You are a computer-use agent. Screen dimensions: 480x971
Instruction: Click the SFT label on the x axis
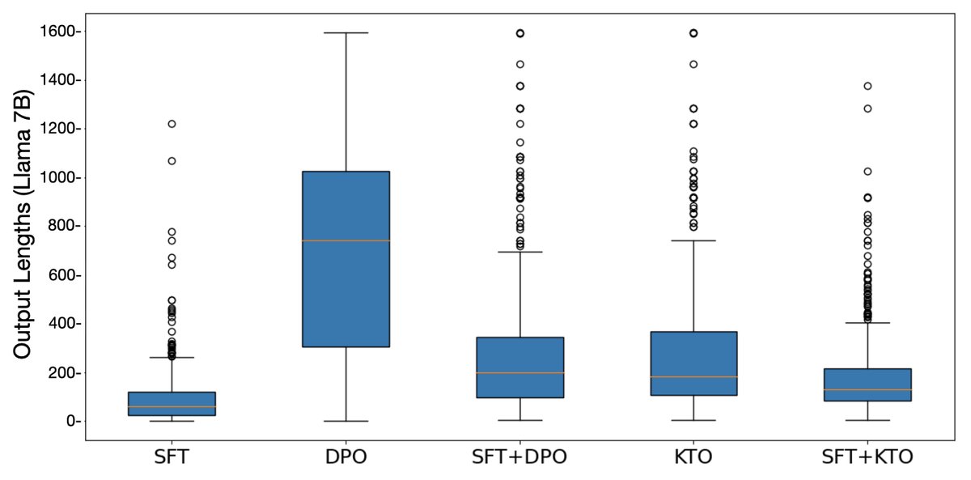point(172,457)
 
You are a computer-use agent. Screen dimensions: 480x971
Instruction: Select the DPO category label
point(346,457)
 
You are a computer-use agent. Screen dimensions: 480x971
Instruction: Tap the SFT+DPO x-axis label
point(519,457)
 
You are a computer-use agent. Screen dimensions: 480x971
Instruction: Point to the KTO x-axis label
point(693,457)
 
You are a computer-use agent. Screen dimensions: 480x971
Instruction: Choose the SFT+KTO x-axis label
point(867,457)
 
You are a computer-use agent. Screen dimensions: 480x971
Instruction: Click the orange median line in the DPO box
point(346,240)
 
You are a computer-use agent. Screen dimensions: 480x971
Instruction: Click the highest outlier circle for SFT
point(172,124)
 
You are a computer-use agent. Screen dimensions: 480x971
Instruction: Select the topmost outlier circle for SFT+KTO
point(867,86)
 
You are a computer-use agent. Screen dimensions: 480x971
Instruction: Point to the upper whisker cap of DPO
point(346,33)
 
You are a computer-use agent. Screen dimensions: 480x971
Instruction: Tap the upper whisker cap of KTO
point(693,240)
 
